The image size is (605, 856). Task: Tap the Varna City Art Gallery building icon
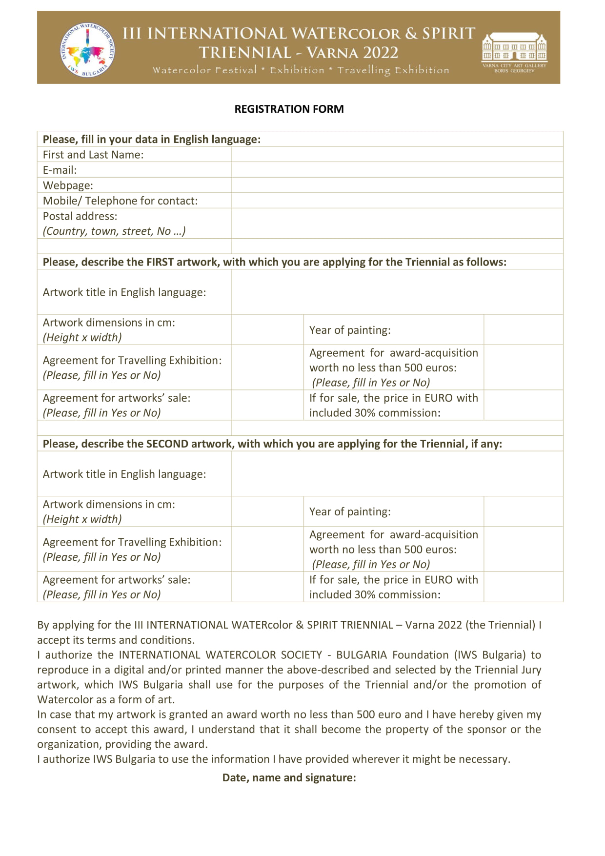514,48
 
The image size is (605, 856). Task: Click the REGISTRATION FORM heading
289,109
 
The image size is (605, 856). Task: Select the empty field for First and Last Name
397,155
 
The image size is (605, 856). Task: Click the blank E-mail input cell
397,170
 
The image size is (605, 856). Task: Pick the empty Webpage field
397,185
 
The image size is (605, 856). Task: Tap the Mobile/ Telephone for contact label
120,201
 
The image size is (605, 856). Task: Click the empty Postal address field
397,224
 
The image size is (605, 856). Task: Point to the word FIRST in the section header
160,262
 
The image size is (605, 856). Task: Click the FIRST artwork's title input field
397,292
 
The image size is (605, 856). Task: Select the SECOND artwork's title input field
397,473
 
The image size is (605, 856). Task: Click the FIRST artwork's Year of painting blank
523,330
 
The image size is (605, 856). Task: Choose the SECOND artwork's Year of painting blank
523,511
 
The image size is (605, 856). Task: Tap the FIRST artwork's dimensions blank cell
267,330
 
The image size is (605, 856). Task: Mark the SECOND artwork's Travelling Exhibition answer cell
267,549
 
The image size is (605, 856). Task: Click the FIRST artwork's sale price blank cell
523,405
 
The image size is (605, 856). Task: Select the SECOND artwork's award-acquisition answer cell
523,549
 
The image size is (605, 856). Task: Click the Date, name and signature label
289,777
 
